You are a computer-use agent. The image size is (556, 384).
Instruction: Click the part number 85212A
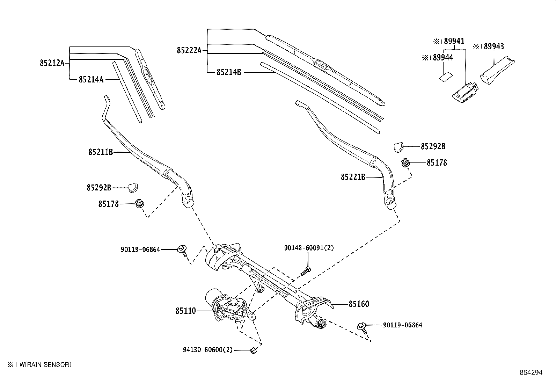pyautogui.click(x=52, y=63)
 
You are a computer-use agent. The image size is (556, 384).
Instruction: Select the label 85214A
pyautogui.click(x=91, y=80)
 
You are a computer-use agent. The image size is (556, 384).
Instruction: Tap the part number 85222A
pyautogui.click(x=189, y=51)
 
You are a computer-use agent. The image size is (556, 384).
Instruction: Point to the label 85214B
pyautogui.click(x=228, y=72)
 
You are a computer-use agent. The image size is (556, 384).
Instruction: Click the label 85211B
pyautogui.click(x=100, y=152)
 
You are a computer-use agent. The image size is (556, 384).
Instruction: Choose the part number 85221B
pyautogui.click(x=353, y=177)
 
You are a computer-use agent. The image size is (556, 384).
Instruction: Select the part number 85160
pyautogui.click(x=359, y=304)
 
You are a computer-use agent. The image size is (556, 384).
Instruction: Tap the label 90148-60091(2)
pyautogui.click(x=309, y=248)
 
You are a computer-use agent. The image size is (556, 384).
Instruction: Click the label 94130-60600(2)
pyautogui.click(x=207, y=350)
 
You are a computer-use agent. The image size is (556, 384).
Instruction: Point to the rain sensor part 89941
pyautogui.click(x=466, y=92)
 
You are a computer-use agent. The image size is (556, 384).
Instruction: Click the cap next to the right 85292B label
pyautogui.click(x=398, y=147)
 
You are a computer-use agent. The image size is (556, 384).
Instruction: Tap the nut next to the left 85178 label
pyautogui.click(x=139, y=203)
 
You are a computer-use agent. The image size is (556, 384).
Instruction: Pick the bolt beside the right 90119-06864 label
pyautogui.click(x=362, y=327)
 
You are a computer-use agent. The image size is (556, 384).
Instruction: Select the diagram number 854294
pyautogui.click(x=531, y=372)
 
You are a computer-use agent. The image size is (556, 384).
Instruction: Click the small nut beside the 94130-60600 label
pyautogui.click(x=254, y=350)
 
